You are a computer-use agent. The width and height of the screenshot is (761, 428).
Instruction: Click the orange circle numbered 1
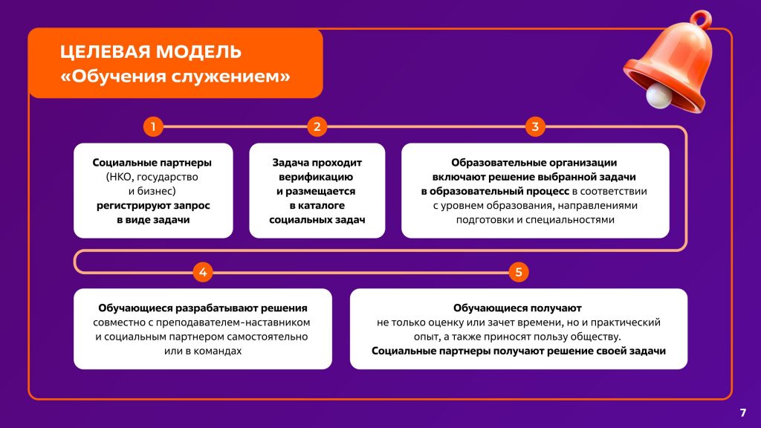tap(153, 126)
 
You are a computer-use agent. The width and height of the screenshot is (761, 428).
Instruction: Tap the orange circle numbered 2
tap(317, 126)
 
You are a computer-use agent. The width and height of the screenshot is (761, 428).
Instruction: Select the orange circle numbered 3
tap(535, 126)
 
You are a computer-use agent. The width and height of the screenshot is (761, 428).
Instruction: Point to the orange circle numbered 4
tap(203, 272)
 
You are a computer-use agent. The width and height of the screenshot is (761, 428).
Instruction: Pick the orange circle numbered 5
tap(518, 272)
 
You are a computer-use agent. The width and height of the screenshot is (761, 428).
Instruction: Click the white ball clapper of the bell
tap(658, 95)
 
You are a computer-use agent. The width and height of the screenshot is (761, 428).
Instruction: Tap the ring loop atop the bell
tap(702, 19)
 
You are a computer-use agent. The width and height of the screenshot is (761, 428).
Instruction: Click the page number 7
tap(742, 412)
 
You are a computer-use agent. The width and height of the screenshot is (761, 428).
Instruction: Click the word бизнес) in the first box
tap(158, 191)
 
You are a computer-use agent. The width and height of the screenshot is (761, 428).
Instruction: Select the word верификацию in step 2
tap(316, 177)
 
